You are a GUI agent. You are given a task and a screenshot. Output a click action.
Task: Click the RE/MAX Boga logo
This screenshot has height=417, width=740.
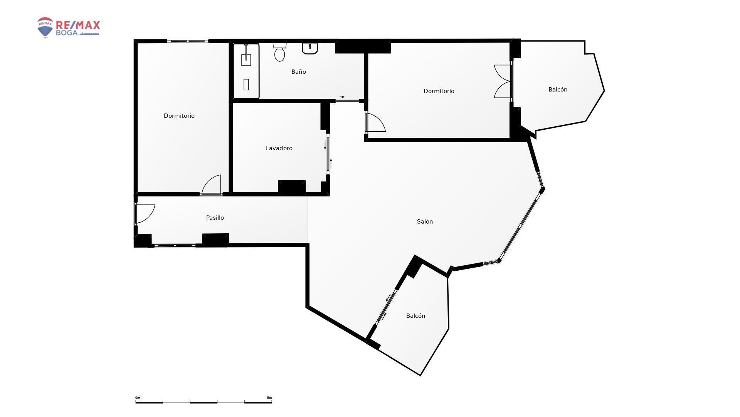69,27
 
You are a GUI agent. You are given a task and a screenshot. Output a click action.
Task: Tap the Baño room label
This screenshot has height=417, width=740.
299,72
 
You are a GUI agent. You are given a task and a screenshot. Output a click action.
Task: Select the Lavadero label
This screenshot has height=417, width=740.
279,148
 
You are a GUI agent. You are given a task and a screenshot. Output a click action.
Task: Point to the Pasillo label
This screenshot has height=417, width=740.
215,218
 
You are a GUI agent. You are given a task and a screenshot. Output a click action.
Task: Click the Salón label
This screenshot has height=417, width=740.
425,222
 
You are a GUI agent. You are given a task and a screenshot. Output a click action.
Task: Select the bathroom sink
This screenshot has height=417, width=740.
310,48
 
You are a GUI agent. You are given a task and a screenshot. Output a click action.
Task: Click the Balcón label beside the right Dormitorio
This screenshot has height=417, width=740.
558,90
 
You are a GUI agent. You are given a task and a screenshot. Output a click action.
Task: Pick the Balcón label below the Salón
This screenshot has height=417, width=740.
415,316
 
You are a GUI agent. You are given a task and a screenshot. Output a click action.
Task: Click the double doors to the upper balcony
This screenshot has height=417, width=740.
503,81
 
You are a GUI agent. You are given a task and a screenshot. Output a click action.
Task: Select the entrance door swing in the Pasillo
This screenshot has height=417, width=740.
145,214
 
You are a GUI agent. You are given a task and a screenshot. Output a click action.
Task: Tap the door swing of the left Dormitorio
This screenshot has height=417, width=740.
211,185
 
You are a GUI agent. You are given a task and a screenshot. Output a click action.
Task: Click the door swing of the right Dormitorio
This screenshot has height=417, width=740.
376,122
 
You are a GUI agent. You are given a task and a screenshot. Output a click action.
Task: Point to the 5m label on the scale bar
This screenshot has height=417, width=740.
269,398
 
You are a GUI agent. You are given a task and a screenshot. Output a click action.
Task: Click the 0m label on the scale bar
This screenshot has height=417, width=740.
138,398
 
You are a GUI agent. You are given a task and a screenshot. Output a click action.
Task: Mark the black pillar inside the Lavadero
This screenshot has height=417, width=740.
292,186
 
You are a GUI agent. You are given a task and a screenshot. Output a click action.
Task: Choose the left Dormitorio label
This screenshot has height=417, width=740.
179,116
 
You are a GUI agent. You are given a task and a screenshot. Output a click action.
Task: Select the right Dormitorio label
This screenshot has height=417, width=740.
439,91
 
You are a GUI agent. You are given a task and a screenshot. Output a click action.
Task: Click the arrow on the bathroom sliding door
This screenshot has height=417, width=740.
342,97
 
